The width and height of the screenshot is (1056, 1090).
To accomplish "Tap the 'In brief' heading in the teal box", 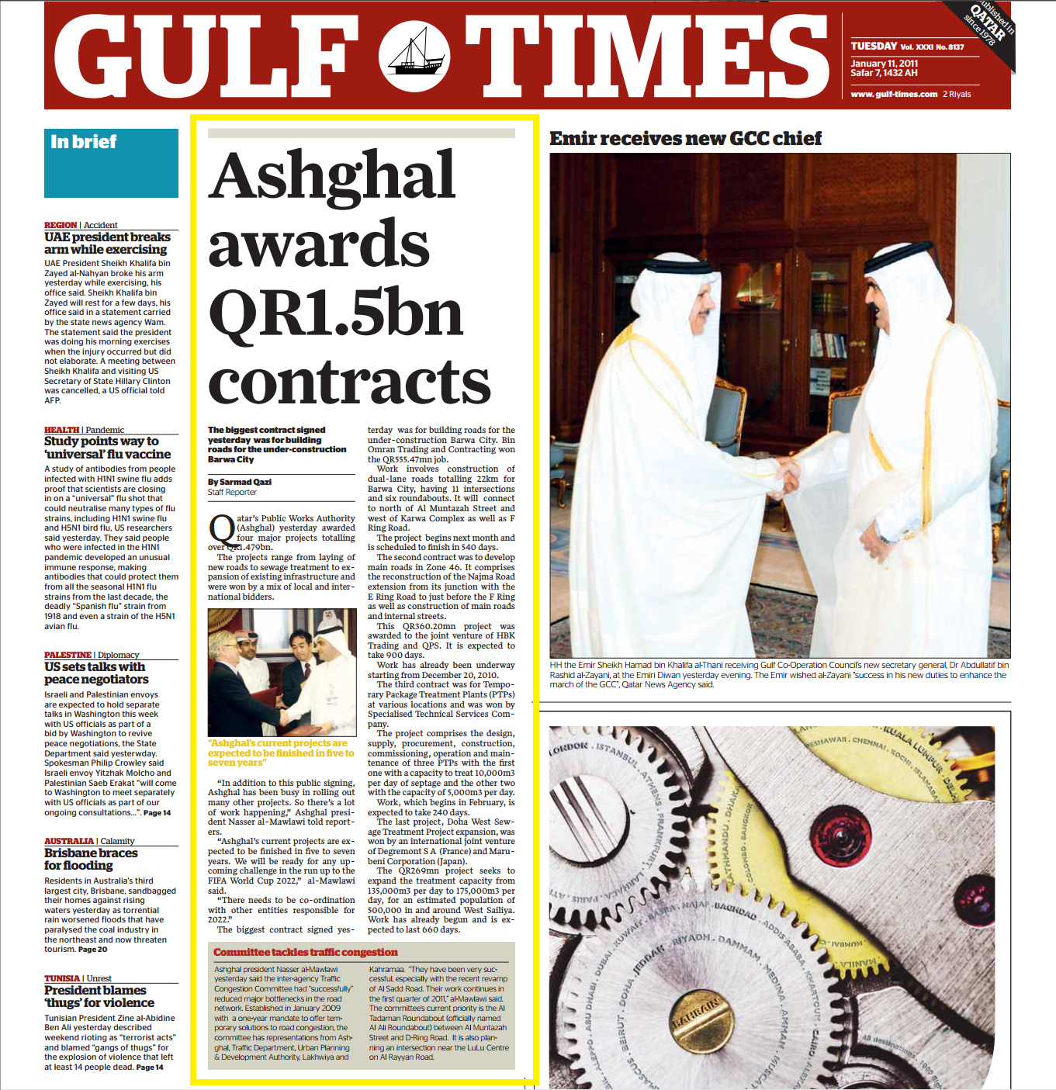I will click(84, 142).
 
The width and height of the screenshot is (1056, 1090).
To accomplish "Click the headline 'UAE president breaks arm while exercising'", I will click(107, 243).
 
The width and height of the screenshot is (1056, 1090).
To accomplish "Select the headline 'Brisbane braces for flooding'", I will click(91, 859).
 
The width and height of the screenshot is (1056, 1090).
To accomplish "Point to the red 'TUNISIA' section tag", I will click(62, 978).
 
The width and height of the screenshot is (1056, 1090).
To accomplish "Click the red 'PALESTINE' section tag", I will click(68, 655).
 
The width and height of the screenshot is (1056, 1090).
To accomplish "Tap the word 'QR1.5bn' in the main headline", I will click(335, 313).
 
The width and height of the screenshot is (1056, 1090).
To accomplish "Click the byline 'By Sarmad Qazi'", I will click(240, 482).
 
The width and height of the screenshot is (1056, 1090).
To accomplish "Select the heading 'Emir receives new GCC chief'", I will click(685, 139).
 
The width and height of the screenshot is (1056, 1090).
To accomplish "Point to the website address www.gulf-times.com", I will click(894, 95).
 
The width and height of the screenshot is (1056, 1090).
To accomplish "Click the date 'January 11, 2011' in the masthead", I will click(884, 64).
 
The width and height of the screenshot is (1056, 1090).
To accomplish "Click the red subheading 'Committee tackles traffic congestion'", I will click(306, 952).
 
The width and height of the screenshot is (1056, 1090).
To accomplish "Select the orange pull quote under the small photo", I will click(281, 753).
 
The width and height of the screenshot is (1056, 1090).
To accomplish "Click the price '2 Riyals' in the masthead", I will click(957, 95).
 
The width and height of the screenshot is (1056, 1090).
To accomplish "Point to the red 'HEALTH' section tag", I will click(61, 430).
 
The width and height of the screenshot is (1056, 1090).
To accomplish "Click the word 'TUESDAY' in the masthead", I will click(874, 47).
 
